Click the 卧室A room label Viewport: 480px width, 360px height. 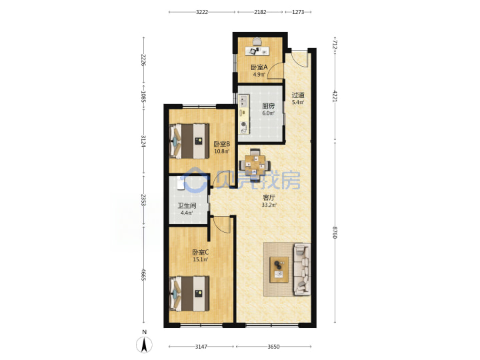[x=259, y=67]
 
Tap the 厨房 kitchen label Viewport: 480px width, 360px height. [x=268, y=106]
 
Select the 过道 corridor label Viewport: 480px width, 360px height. [x=298, y=95]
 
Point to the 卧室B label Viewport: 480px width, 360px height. [x=221, y=144]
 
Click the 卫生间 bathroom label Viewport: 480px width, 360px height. [x=187, y=206]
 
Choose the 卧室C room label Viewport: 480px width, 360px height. [x=201, y=252]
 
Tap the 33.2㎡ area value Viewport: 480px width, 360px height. [x=269, y=205]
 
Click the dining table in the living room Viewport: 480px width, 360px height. [x=255, y=165]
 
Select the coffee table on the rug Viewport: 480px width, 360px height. [x=279, y=269]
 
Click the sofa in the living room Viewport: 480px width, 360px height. [x=302, y=269]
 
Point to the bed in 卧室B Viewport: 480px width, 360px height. [x=189, y=141]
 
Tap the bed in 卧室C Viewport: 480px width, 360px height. [x=189, y=293]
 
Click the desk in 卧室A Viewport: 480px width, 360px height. [x=257, y=51]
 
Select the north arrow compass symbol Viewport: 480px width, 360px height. [x=144, y=345]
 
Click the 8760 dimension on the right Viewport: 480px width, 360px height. [x=335, y=233]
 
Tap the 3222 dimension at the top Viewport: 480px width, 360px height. [x=202, y=12]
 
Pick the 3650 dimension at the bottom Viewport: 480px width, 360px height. [x=274, y=347]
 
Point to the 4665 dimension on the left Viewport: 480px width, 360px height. [x=143, y=275]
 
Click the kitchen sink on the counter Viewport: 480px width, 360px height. [x=243, y=101]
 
